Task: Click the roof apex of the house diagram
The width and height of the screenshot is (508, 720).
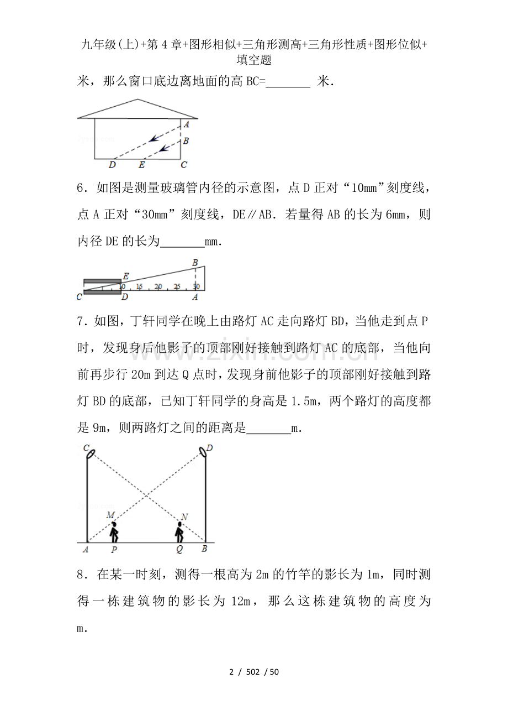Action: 138,100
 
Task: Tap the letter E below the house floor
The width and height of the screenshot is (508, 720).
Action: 142,165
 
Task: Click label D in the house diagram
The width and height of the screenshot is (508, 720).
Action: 112,165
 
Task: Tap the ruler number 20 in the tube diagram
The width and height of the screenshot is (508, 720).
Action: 158,286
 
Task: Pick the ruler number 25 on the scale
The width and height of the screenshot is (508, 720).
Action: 177,286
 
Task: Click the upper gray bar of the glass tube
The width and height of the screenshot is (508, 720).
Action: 102,282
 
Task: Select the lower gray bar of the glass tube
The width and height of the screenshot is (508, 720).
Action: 102,293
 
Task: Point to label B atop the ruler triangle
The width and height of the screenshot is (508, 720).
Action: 194,263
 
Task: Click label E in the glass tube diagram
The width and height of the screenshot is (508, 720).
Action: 126,276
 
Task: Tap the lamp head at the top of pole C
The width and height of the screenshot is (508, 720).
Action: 91,453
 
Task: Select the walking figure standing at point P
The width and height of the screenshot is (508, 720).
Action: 114,532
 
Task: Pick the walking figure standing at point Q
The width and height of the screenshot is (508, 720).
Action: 179,532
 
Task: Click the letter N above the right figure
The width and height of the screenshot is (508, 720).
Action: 184,518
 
